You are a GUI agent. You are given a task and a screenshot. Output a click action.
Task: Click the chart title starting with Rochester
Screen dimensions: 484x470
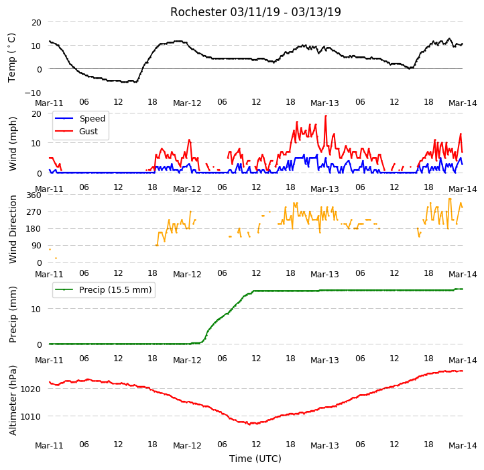click(x=255, y=12)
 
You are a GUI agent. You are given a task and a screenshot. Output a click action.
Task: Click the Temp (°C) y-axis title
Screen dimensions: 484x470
click(x=11, y=58)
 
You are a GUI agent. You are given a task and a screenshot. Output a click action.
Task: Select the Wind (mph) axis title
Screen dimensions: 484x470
click(x=12, y=144)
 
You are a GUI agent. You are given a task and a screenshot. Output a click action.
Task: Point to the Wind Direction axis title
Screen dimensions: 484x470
click(x=12, y=229)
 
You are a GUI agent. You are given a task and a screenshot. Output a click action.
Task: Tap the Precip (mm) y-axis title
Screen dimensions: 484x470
click(x=12, y=314)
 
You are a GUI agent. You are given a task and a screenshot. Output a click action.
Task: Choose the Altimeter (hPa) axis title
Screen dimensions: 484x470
click(x=12, y=400)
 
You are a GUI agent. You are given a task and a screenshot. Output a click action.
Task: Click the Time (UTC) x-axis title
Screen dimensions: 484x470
click(x=255, y=458)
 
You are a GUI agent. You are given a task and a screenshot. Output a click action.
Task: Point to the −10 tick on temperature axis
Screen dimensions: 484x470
click(x=33, y=93)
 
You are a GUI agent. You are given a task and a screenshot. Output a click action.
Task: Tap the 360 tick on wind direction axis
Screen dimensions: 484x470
click(x=34, y=195)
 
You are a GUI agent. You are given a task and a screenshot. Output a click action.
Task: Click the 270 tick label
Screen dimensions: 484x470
click(x=34, y=212)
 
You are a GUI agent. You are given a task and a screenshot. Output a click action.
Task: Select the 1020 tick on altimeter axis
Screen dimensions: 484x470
click(x=30, y=389)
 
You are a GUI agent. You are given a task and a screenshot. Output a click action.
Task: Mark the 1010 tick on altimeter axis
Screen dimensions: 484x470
click(x=30, y=416)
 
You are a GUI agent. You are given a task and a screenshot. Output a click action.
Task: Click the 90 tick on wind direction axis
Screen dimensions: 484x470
click(x=36, y=246)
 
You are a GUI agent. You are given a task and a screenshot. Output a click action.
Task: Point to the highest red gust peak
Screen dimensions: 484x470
click(x=326, y=116)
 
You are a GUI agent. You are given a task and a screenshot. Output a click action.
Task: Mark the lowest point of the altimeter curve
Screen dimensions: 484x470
click(x=249, y=424)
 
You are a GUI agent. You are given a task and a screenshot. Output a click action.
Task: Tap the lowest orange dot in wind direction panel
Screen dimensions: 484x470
click(x=56, y=258)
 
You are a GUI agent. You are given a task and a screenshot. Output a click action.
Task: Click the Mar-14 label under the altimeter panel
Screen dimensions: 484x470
click(x=463, y=445)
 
